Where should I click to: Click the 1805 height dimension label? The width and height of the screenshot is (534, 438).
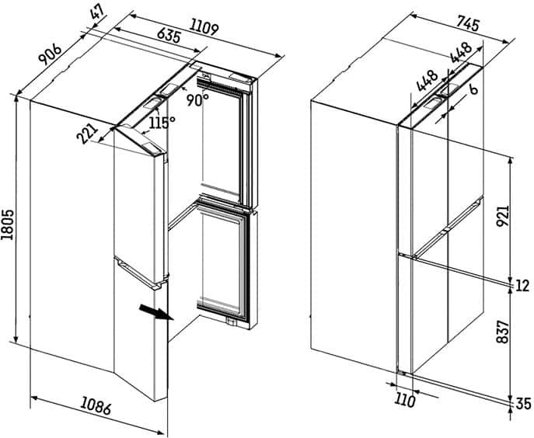(8, 224)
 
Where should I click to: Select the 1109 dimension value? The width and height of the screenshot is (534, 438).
(204, 26)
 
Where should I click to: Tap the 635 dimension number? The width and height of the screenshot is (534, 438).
(169, 36)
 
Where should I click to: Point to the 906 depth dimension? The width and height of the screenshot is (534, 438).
(50, 54)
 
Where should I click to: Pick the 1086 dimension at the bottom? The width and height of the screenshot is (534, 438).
(96, 407)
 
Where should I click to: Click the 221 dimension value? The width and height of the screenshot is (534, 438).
(88, 134)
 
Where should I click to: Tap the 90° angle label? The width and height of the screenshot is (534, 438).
(197, 100)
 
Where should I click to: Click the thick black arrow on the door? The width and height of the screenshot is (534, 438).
(157, 312)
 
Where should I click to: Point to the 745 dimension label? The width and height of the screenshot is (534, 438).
(468, 24)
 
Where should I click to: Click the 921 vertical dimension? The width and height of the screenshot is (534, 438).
(502, 216)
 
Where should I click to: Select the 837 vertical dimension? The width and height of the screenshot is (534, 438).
(502, 332)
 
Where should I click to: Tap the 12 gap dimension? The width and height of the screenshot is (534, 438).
(523, 286)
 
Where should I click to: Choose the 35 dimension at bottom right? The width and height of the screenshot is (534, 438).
(523, 404)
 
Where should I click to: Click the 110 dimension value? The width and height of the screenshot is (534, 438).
(405, 401)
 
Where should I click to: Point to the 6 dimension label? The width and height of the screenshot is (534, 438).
(473, 89)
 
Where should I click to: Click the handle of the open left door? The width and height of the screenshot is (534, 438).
(141, 273)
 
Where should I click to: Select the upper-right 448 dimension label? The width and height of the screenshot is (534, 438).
(461, 53)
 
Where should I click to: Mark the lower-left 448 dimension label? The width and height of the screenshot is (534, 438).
(427, 81)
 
